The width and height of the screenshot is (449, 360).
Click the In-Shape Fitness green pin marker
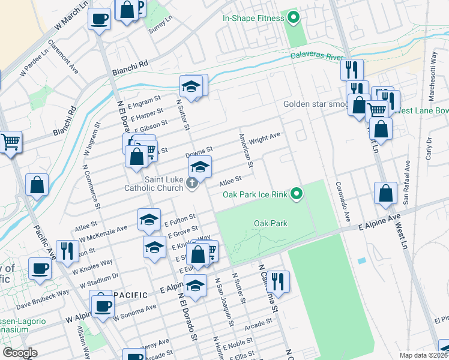tap(294, 18)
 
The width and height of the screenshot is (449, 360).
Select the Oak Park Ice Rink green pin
tap(296, 194)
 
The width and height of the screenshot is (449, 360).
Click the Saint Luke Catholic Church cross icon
tap(192, 183)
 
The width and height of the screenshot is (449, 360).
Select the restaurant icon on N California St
tap(279, 281)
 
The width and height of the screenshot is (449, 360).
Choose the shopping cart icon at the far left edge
tap(10, 143)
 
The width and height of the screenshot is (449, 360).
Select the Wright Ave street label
tap(265, 139)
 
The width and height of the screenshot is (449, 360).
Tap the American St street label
tap(246, 151)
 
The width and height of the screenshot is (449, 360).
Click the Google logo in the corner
tap(20, 353)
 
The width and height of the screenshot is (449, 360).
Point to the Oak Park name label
tap(270, 223)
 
